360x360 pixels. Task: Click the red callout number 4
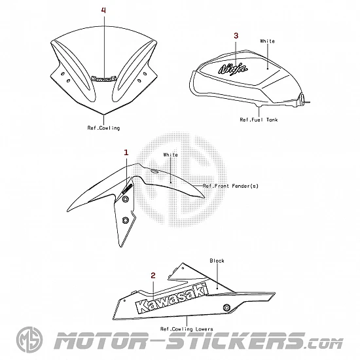pyautogui.click(x=104, y=10)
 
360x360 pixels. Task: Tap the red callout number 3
pyautogui.click(x=236, y=35)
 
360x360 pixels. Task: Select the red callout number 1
pyautogui.click(x=126, y=153)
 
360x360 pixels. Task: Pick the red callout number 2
pyautogui.click(x=153, y=276)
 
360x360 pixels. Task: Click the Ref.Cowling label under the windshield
pyautogui.click(x=103, y=128)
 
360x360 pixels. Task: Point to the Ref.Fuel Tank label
pyautogui.click(x=259, y=120)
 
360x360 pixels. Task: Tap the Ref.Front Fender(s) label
pyautogui.click(x=230, y=186)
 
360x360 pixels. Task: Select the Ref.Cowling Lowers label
pyautogui.click(x=187, y=329)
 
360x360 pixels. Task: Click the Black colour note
pyautogui.click(x=217, y=261)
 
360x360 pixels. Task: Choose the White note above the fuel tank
pyautogui.click(x=268, y=41)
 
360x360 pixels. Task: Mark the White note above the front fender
pyautogui.click(x=171, y=154)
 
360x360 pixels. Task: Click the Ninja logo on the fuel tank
pyautogui.click(x=233, y=69)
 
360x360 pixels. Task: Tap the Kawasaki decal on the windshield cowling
pyautogui.click(x=104, y=79)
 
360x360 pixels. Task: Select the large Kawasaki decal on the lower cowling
pyautogui.click(x=172, y=298)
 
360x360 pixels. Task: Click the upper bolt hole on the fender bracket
pyautogui.click(x=126, y=199)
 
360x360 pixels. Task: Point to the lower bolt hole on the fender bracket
pyautogui.click(x=125, y=221)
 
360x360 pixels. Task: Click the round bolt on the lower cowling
pyautogui.click(x=227, y=308)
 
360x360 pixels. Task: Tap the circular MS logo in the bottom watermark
pyautogui.click(x=29, y=339)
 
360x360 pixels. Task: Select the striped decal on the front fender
pyautogui.click(x=127, y=189)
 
